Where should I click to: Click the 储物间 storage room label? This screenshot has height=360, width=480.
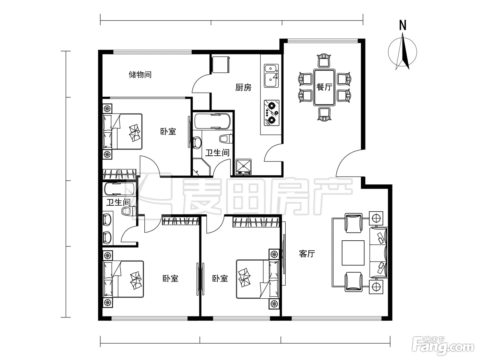click(x=140, y=75)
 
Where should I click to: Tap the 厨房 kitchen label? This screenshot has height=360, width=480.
click(x=243, y=87)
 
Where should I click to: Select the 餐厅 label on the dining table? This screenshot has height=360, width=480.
click(x=324, y=87)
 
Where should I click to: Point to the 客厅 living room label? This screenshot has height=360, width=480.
click(x=307, y=254)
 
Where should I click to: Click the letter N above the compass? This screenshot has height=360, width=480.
click(x=403, y=25)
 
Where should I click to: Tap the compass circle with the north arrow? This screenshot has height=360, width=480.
click(x=403, y=52)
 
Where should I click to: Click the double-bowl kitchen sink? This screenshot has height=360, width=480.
click(x=272, y=76)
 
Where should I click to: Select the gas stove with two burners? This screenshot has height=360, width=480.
click(x=272, y=113)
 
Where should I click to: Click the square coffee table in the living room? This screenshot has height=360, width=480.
click(x=353, y=253)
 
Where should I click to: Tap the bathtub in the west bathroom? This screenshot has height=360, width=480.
click(x=119, y=189)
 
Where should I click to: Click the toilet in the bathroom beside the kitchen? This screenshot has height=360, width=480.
click(x=226, y=139)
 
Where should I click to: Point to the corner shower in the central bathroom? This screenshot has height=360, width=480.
click(x=201, y=167)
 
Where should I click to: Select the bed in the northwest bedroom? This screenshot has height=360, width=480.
click(x=122, y=132)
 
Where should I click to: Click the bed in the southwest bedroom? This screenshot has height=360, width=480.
click(x=123, y=279)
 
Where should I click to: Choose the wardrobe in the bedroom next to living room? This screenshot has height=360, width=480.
click(x=256, y=222)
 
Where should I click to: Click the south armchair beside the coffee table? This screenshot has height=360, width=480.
click(x=353, y=282)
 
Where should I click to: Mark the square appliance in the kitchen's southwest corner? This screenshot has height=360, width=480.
click(x=244, y=167)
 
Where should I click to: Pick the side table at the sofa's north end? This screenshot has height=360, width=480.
click(x=376, y=218)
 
